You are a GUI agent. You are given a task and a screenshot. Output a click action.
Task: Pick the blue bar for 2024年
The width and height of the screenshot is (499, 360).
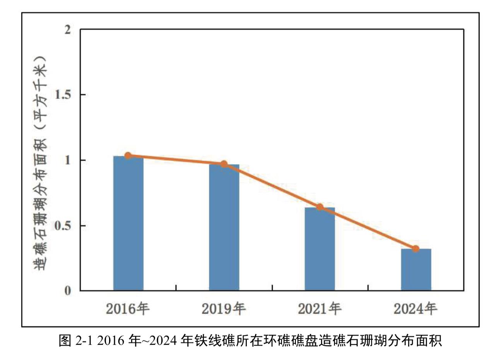[x=416, y=270]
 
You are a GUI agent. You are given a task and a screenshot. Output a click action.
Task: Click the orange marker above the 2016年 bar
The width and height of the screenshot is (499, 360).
[x=128, y=156]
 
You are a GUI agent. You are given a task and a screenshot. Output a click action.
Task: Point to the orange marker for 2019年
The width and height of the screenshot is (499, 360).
[x=224, y=164]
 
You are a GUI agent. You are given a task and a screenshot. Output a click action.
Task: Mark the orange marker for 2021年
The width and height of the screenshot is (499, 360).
[x=320, y=207]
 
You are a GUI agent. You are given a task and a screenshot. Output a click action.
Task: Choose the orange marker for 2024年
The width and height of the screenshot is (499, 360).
[x=416, y=249]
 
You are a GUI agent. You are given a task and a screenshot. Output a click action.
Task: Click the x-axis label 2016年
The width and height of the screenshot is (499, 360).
[x=128, y=309]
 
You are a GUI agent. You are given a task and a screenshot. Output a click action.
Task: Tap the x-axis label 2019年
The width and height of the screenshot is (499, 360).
[x=224, y=309]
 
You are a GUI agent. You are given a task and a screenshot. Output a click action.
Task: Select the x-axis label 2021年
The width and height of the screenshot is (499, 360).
[x=320, y=309]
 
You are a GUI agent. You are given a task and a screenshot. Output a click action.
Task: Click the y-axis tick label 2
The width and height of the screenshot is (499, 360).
[x=68, y=30]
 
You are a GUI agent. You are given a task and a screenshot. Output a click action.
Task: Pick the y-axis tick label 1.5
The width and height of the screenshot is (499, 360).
[x=63, y=95]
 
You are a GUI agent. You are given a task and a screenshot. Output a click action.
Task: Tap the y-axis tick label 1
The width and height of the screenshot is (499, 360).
[x=68, y=160]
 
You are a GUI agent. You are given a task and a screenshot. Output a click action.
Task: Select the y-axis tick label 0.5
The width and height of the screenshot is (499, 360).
[x=63, y=225]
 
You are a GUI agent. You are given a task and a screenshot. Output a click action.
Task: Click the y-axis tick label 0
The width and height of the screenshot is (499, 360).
[x=68, y=291]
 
